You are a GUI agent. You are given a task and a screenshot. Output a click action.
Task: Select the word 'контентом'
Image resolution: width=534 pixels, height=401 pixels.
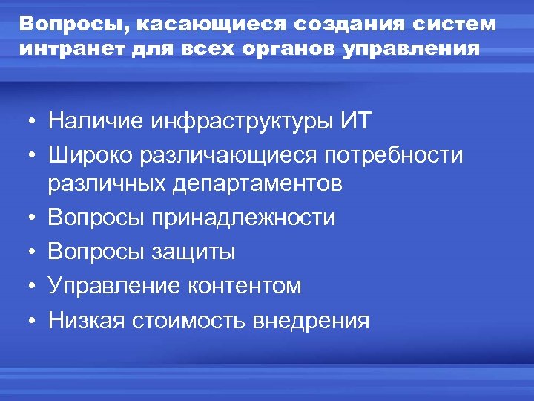click(244, 286)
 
